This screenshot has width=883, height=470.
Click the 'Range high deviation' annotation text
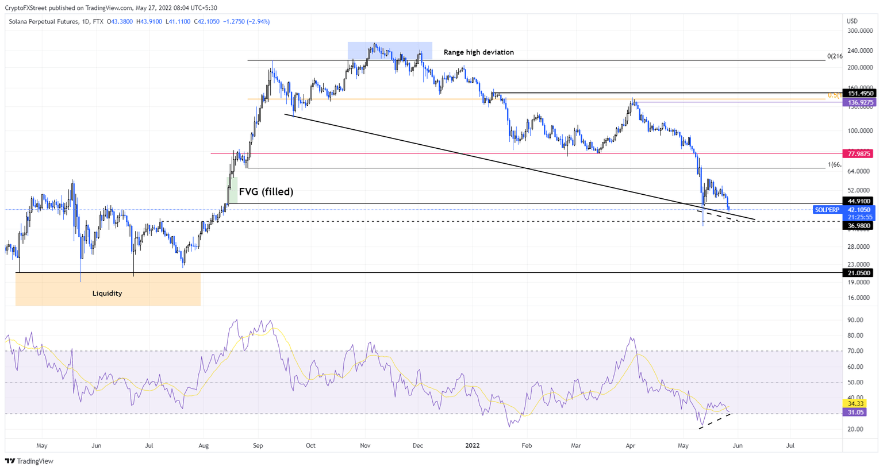pyautogui.click(x=478, y=52)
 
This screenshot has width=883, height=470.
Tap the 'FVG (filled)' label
pyautogui.click(x=266, y=192)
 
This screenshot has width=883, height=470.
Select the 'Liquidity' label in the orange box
pyautogui.click(x=107, y=294)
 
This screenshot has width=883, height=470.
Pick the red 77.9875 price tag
pyautogui.click(x=859, y=153)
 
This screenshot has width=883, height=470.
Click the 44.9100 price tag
pyautogui.click(x=859, y=201)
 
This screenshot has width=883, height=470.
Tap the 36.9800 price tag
pyautogui.click(x=859, y=226)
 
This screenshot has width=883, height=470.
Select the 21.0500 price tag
pyautogui.click(x=859, y=273)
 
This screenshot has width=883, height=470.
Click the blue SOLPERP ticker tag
pyautogui.click(x=827, y=210)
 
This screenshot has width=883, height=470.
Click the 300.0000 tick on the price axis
pyautogui.click(x=860, y=30)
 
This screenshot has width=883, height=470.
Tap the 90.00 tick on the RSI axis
pyautogui.click(x=855, y=320)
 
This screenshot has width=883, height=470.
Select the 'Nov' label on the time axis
pyautogui.click(x=365, y=445)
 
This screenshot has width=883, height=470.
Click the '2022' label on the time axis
pyautogui.click(x=473, y=445)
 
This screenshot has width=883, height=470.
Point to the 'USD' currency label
pyautogui.click(x=852, y=21)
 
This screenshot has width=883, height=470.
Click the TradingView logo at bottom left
pyautogui.click(x=29, y=461)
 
